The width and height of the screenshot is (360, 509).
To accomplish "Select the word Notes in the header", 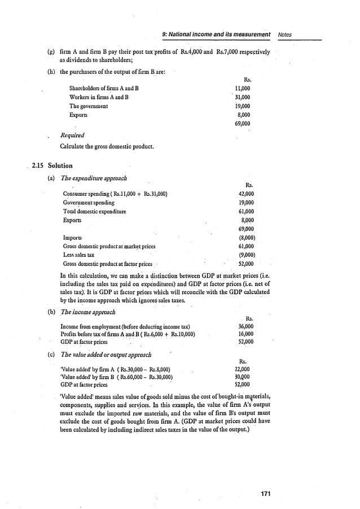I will (x=286, y=34).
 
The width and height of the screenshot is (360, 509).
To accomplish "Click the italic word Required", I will (x=72, y=135).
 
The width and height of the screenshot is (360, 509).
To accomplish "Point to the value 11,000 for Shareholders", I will (x=243, y=89).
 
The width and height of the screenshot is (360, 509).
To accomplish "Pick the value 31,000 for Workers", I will (x=243, y=97).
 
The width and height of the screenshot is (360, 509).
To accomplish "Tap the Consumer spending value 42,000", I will (x=246, y=194).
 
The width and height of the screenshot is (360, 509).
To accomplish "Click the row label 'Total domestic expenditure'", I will (x=94, y=212).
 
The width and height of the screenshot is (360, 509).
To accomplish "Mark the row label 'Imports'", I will (x=72, y=238).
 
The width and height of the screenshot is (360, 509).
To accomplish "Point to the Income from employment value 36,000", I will (x=245, y=326).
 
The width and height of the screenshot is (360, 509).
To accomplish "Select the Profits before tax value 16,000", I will (x=245, y=334).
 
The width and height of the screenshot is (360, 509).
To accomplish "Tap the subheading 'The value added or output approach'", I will (x=106, y=355).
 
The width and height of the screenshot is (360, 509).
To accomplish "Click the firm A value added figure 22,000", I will (x=242, y=370).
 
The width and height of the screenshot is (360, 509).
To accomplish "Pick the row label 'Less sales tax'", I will (x=78, y=255).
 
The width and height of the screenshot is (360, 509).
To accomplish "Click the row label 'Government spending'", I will (x=89, y=203).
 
